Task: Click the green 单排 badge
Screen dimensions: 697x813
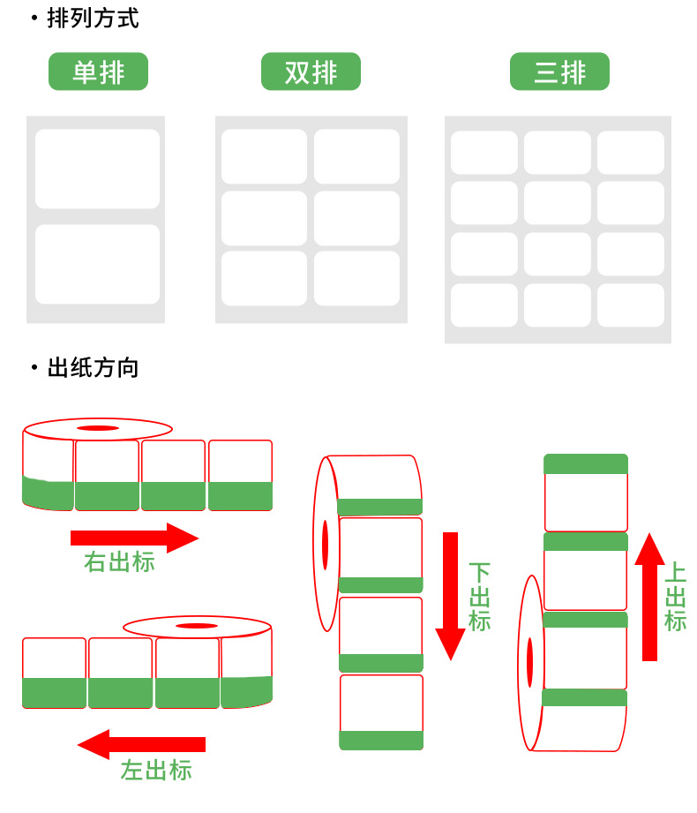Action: tap(98, 72)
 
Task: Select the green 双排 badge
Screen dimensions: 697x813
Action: tap(311, 72)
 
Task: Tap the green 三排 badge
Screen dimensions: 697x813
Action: tap(559, 72)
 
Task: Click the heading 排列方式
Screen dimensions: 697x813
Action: tap(93, 18)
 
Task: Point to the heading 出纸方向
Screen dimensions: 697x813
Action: tap(93, 367)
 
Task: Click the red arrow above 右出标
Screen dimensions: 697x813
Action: tap(134, 537)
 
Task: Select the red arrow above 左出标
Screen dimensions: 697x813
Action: tap(141, 744)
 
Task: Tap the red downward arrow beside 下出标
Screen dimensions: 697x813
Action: tap(451, 596)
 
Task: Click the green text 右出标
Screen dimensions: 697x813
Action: tap(119, 562)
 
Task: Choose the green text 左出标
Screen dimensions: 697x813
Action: tap(156, 770)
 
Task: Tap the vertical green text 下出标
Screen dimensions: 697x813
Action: tap(479, 597)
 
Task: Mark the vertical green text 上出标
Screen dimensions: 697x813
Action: tap(675, 597)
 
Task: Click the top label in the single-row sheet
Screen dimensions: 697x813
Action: tap(97, 169)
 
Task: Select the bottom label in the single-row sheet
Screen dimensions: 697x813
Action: tap(97, 264)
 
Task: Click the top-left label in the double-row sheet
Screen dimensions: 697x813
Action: tap(264, 156)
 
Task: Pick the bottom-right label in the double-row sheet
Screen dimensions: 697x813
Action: tap(356, 278)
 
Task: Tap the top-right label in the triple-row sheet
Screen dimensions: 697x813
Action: tap(630, 153)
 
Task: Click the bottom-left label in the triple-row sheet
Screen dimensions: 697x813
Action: tap(484, 305)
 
